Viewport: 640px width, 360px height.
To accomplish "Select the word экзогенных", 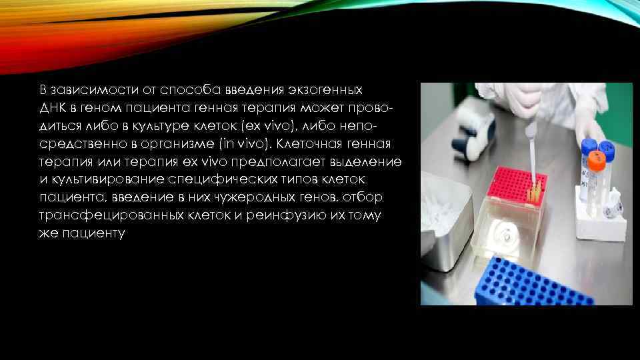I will (327, 89).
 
